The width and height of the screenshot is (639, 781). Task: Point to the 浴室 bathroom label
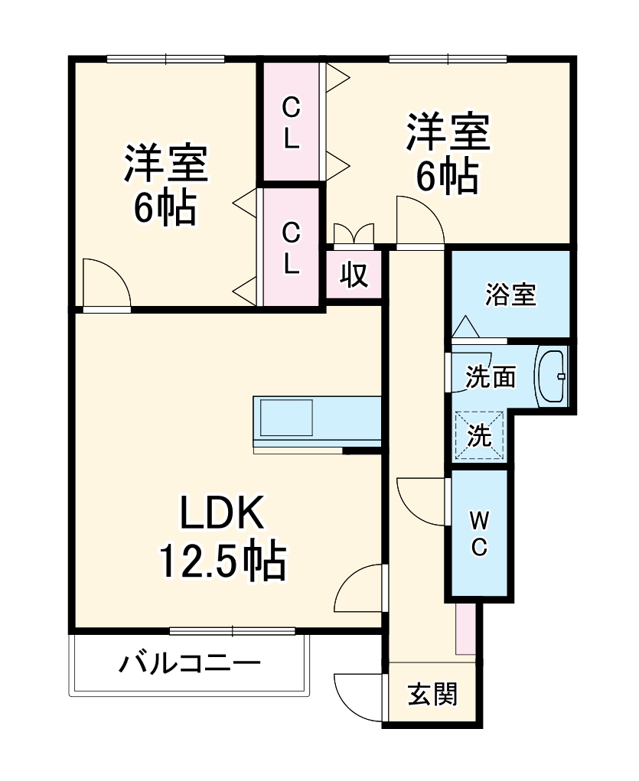coord(510,294)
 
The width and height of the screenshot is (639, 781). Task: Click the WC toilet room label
coord(479,534)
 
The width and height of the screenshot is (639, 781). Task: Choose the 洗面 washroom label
coord(491,376)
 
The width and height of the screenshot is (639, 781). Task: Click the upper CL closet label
coord(291,123)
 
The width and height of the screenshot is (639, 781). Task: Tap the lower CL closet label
coord(291,247)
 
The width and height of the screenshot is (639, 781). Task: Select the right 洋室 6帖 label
coord(448,154)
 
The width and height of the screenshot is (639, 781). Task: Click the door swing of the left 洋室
coord(106,283)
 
